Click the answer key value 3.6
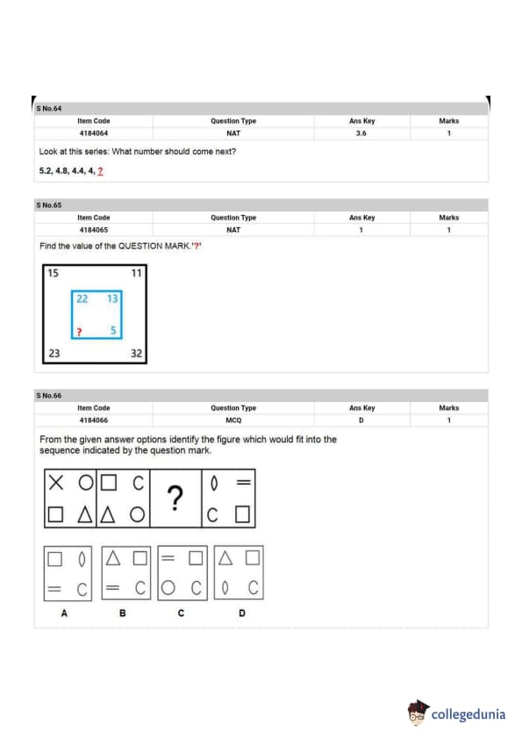361,133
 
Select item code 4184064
94,133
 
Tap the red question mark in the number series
100,171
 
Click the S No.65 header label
49,205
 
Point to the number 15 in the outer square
54,273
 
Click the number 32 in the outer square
136,354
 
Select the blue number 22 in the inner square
82,298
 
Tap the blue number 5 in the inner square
113,330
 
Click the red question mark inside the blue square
79,333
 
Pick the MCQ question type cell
233,420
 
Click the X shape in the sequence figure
56,483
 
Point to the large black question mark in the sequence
175,499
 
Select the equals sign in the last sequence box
244,482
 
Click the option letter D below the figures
242,613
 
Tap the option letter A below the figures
64,613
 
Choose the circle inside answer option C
168,588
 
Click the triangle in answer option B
112,558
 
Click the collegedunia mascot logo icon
418,712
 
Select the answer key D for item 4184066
361,420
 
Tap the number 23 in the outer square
54,354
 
